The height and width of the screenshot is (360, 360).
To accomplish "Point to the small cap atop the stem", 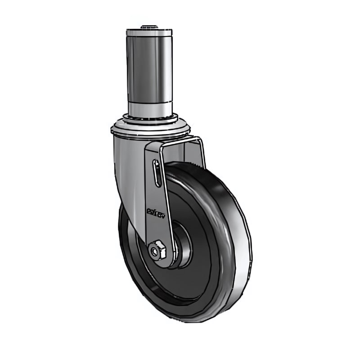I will pos(148,27).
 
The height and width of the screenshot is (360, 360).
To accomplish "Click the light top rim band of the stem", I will pos(149,33).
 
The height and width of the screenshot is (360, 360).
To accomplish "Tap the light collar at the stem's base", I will pos(150,108).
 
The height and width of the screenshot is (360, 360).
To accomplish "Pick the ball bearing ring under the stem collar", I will pos(150,120).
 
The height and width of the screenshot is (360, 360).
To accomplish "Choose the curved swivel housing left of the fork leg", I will pos(128,180).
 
